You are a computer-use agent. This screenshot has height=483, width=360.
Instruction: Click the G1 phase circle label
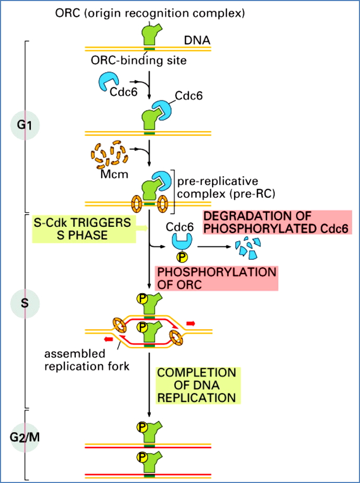coord(25,126)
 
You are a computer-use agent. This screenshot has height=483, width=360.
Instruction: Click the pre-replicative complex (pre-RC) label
coord(210,187)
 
